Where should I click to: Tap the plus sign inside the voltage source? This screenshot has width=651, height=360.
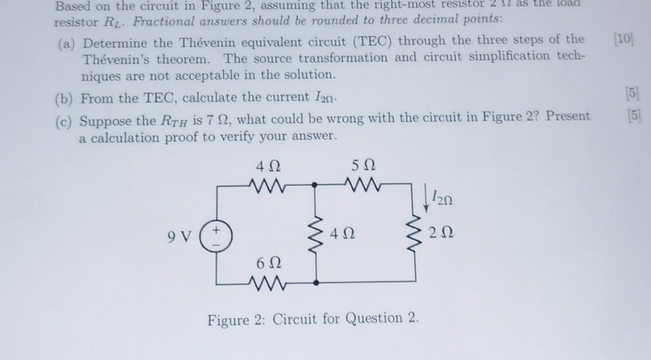[x=217, y=230]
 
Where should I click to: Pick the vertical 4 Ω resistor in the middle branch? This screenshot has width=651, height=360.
[x=316, y=232]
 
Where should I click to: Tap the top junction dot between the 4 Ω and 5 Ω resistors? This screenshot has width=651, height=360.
[x=315, y=185]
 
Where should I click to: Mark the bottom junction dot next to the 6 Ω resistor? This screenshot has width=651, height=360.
[x=316, y=283]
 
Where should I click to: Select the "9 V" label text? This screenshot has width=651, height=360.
[x=180, y=237]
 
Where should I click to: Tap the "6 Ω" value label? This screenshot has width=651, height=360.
[x=268, y=263]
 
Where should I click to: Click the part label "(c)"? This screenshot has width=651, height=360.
[x=64, y=122]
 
